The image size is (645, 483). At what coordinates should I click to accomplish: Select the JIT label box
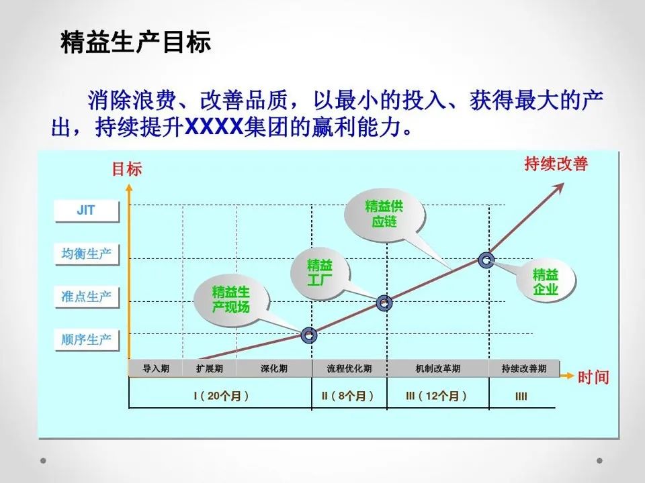tap(86, 211)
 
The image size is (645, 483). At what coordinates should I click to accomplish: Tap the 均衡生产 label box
tap(86, 254)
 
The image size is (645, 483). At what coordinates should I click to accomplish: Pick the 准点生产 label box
tap(86, 297)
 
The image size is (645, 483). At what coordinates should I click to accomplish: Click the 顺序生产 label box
tap(86, 339)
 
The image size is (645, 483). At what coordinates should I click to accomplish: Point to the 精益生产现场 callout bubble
tap(230, 299)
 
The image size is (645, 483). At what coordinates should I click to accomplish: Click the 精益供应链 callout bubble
tap(384, 213)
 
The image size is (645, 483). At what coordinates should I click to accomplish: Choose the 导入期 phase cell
tap(156, 369)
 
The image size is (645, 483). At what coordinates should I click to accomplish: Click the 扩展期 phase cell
tap(210, 369)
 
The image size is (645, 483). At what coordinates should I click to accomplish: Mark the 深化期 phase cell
tap(274, 369)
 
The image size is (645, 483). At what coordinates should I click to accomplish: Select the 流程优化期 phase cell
tap(349, 369)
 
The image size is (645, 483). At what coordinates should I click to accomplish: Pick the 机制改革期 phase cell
tap(438, 369)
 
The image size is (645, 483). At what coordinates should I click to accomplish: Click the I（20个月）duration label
tap(221, 396)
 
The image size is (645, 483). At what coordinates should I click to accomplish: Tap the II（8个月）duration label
tap(348, 396)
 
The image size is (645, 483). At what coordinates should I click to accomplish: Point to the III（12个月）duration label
tap(437, 396)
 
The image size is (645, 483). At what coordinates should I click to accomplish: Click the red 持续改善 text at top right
tap(556, 164)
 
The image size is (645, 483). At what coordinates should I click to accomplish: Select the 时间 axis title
tap(593, 377)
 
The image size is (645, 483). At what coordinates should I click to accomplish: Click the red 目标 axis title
tap(126, 169)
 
